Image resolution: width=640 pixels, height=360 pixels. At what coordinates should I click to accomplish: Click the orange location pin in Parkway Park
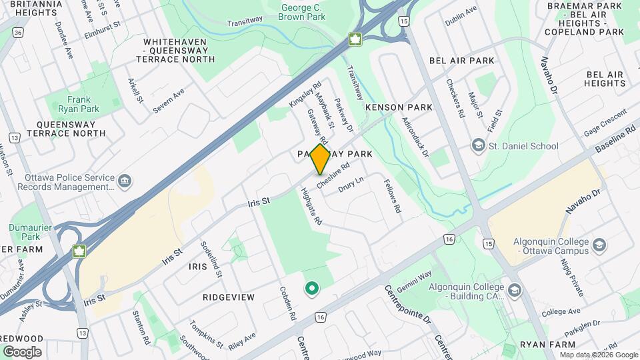tap(321, 159)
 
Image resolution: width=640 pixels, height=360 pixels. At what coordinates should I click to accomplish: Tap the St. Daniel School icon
tap(478, 145)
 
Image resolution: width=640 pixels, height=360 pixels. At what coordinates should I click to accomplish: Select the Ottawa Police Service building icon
tap(125, 181)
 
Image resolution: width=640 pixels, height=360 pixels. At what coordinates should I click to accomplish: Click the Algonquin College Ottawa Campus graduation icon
tap(599, 245)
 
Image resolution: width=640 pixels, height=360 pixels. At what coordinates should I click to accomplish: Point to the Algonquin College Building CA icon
tap(514, 291)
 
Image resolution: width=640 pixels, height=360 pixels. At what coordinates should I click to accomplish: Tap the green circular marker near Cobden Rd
tap(311, 289)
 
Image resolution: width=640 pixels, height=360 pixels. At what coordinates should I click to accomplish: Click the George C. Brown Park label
tap(303, 12)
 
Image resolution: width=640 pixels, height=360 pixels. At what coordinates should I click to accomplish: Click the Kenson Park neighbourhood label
tap(399, 107)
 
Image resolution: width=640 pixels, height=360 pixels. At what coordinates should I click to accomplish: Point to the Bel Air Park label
tap(462, 61)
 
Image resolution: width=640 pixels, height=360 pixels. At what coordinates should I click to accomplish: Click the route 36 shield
tap(17, 31)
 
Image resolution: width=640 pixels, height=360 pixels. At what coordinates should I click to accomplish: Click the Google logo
tap(22, 352)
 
